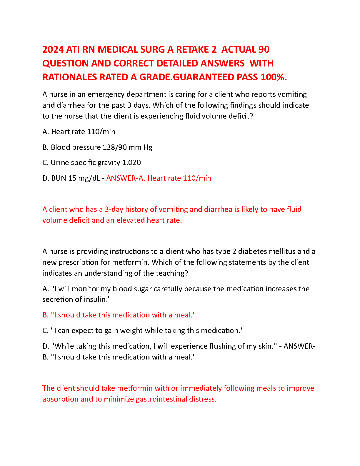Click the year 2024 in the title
pos(53,49)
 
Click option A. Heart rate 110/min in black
pos(79,132)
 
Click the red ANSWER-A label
pos(126,178)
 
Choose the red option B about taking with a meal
pos(119,315)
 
